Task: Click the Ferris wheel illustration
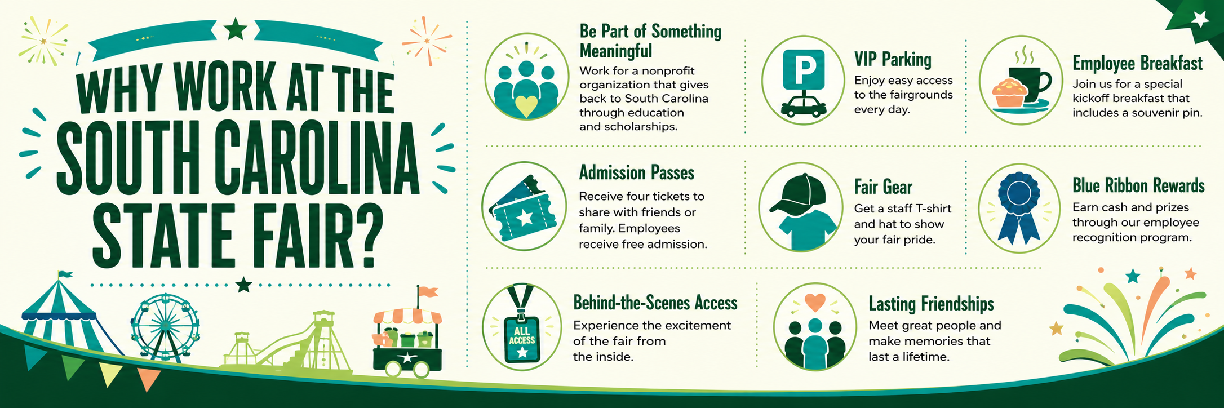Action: [x=165, y=327]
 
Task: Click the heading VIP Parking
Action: [x=893, y=60]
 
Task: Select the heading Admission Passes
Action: [x=637, y=172]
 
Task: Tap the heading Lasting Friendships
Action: [x=931, y=304]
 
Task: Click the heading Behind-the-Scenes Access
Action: [x=655, y=303]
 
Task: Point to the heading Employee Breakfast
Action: [x=1138, y=63]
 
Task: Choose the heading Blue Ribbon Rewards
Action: [x=1138, y=185]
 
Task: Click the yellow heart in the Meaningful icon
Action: [x=526, y=106]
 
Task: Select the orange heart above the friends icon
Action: [x=815, y=303]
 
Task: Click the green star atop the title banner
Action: [x=236, y=29]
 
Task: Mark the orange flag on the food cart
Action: [x=428, y=291]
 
